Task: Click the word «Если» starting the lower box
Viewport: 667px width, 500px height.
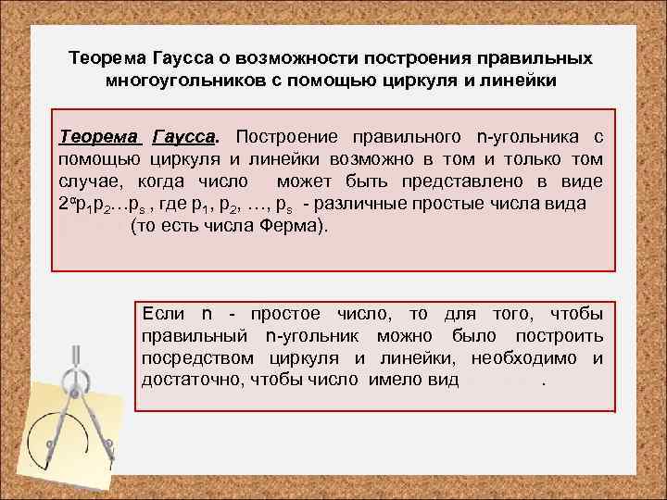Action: coord(163,314)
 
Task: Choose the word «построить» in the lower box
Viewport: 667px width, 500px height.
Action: coord(564,336)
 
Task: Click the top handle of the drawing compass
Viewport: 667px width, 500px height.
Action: coord(76,356)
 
